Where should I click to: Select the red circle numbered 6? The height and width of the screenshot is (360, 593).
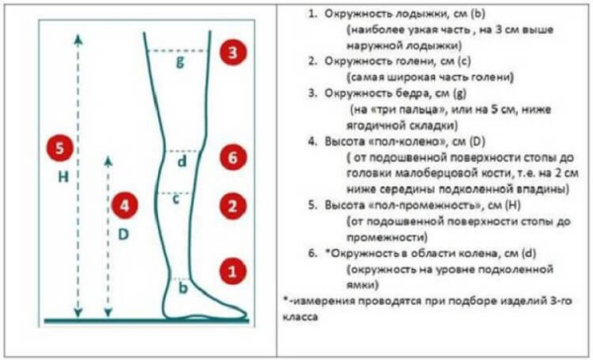[x=231, y=158]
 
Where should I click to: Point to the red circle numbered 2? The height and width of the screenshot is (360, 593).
[x=231, y=207]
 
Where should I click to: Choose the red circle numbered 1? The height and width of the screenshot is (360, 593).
[x=231, y=268]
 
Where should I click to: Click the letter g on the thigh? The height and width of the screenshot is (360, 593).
[x=179, y=62]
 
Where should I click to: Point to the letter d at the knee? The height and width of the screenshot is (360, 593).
[x=180, y=160]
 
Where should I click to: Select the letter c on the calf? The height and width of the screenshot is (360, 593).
[x=174, y=200]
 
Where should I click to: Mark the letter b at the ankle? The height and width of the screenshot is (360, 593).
[x=181, y=288]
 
